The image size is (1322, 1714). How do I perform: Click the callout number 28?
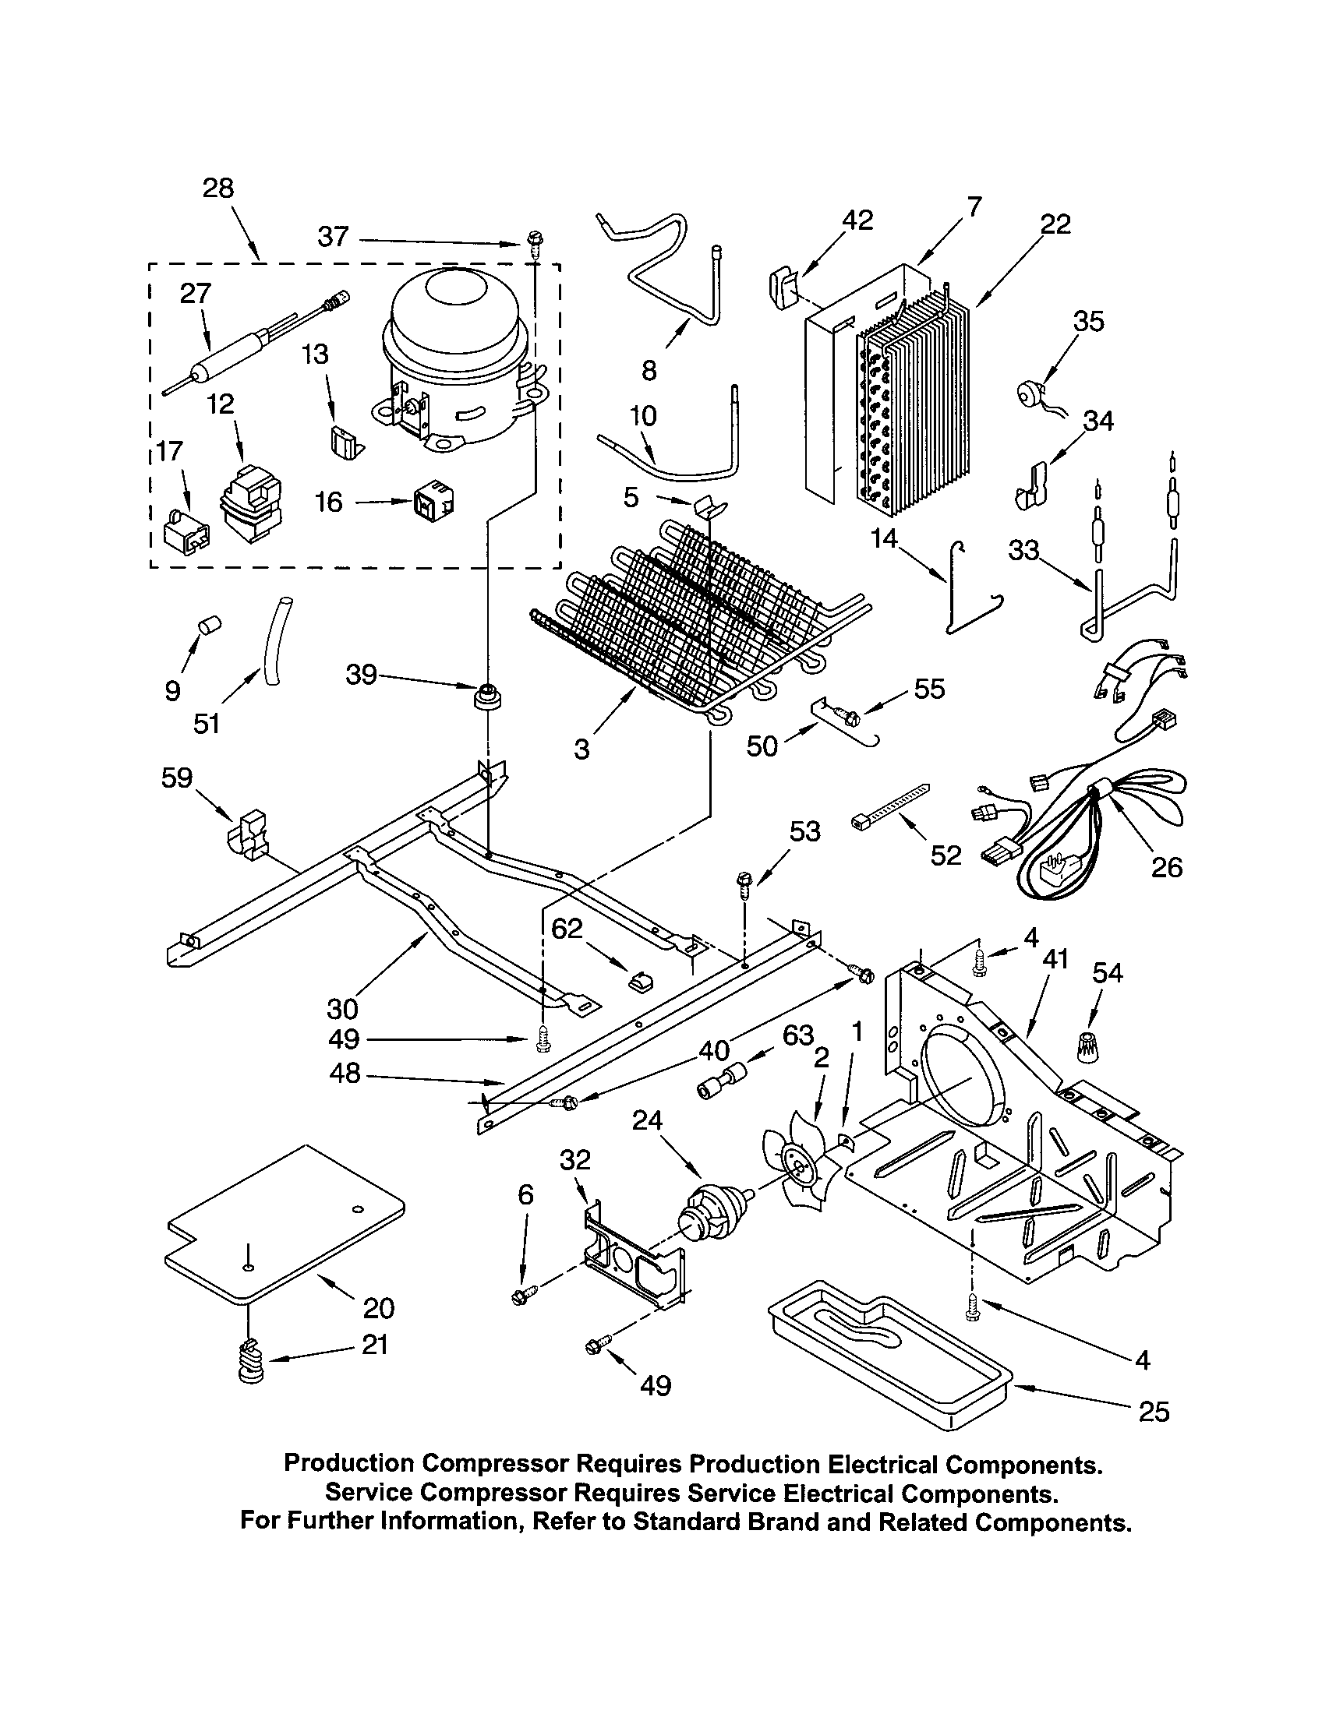click(x=217, y=189)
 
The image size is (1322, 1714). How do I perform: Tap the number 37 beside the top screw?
click(x=333, y=236)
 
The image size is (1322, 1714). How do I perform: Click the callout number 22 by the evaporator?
click(x=1055, y=224)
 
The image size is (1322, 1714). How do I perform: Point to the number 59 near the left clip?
click(x=177, y=778)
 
